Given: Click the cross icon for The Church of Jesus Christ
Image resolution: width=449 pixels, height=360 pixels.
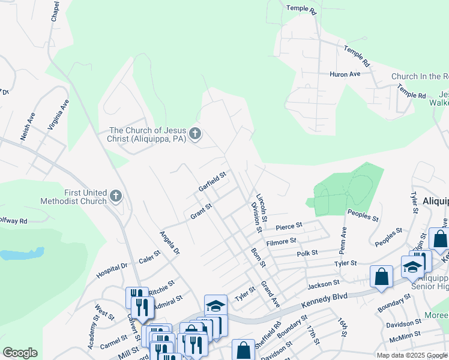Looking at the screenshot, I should tap(194, 134).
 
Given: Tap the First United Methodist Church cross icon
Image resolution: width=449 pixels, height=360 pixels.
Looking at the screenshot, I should tap(116, 196).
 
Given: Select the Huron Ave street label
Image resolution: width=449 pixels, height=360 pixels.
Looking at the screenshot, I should tap(345, 74).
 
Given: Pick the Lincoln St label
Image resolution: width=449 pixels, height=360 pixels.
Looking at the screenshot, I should tap(261, 206).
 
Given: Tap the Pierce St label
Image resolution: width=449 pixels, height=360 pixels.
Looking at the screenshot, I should tap(289, 226).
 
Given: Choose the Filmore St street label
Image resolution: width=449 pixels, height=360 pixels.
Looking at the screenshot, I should tap(282, 241).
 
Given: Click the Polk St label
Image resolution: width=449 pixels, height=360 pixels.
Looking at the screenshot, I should tap(307, 254).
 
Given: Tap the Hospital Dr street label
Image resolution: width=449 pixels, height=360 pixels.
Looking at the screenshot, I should tap(112, 271).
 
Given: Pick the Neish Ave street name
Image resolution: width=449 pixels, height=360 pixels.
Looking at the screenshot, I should tap(28, 127).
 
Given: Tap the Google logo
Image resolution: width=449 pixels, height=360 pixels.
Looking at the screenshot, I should tap(20, 353).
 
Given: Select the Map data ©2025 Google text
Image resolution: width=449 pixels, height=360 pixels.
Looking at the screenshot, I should tap(411, 355).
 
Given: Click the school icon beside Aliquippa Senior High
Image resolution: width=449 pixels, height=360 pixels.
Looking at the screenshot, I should tap(412, 267).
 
